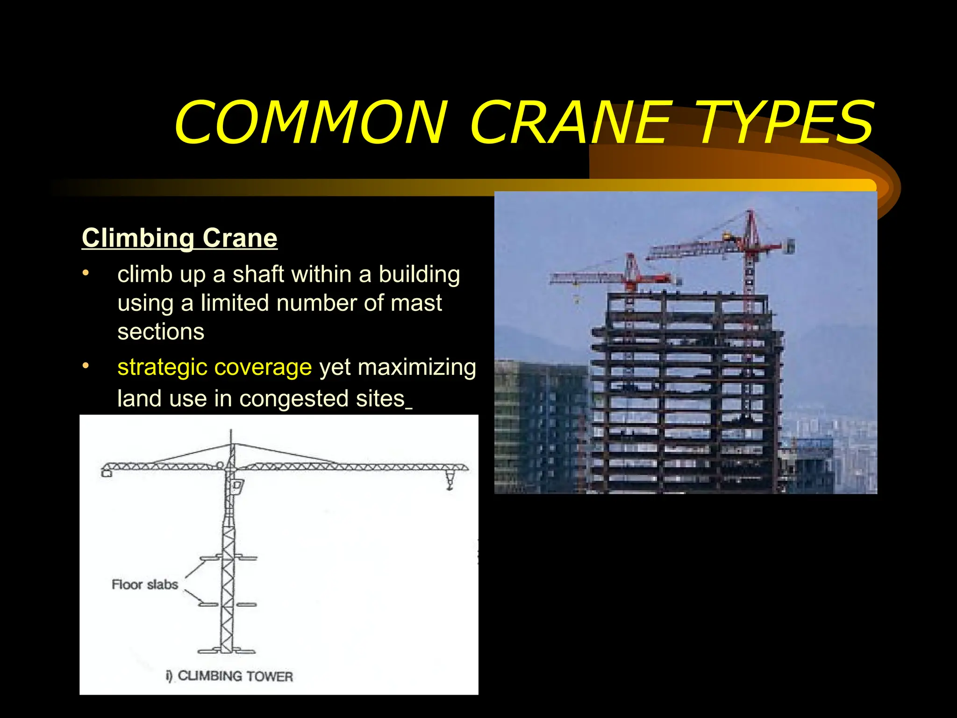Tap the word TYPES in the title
click(785, 122)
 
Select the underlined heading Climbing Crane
click(179, 238)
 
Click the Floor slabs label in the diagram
click(145, 584)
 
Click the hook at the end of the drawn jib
click(450, 481)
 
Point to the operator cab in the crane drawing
click(237, 487)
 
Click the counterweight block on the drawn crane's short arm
click(107, 474)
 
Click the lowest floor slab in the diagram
click(227, 650)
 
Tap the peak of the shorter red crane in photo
click(630, 257)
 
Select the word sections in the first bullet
click(161, 332)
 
